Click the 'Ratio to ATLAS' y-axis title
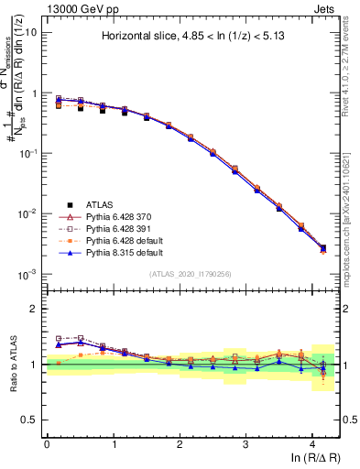[13, 363]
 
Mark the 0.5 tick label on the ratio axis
[28, 420]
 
